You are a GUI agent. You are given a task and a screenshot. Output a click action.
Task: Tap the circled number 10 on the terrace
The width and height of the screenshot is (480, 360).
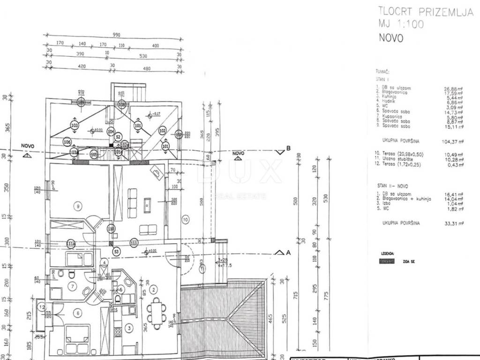pyautogui.click(x=185, y=218)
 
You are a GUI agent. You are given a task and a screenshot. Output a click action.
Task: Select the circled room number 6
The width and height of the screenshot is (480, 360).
pyautogui.click(x=78, y=313)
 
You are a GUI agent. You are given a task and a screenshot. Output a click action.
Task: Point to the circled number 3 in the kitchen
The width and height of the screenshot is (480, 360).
pyautogui.click(x=128, y=329)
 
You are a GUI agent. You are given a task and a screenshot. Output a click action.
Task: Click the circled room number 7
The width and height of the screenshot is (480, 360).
pyautogui.click(x=72, y=286)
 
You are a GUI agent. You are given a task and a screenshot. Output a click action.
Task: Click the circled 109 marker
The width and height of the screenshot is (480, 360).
pyautogui.click(x=81, y=102)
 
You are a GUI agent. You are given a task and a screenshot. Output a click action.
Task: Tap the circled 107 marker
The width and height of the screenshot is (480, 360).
pyautogui.click(x=179, y=135)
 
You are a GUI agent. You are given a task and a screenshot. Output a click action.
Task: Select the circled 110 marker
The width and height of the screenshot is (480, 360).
pyautogui.click(x=111, y=229)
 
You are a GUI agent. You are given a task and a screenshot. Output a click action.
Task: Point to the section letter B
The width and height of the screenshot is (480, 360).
pyautogui.click(x=289, y=149)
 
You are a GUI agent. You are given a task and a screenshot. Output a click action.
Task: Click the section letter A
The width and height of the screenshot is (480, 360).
pyautogui.click(x=289, y=252)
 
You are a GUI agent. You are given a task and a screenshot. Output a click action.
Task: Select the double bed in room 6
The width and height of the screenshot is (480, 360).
pyautogui.click(x=77, y=339)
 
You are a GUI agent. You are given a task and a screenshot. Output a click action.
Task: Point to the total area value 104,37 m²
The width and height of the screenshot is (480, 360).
pyautogui.click(x=453, y=141)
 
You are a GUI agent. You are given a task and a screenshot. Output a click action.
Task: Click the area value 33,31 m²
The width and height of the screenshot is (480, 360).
pyautogui.click(x=453, y=224)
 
